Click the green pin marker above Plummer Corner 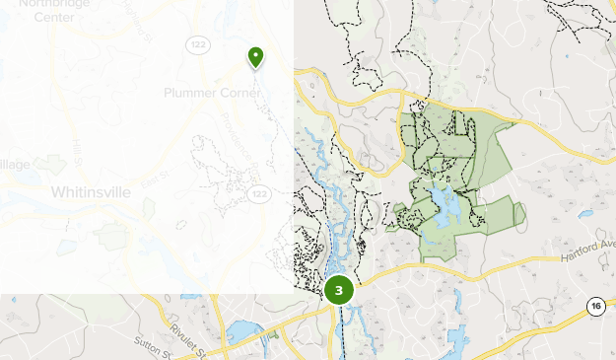[x=256, y=57]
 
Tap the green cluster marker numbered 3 [x=338, y=290]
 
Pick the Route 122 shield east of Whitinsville [x=258, y=194]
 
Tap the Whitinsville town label [x=90, y=191]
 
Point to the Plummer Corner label [x=212, y=93]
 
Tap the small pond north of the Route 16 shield [x=585, y=213]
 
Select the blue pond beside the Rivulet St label [x=243, y=331]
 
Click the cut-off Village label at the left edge [x=15, y=164]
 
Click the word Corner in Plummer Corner [x=240, y=93]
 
